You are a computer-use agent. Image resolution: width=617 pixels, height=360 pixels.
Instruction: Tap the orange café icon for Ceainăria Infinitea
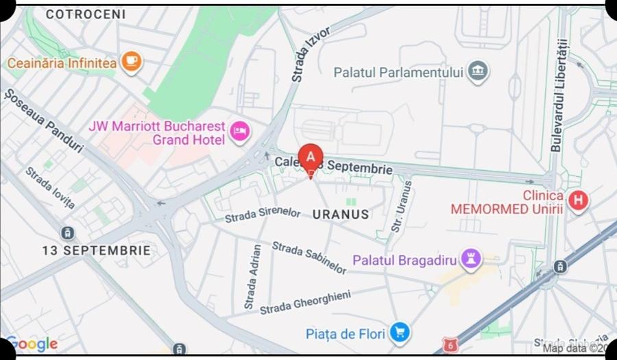(x=131, y=62)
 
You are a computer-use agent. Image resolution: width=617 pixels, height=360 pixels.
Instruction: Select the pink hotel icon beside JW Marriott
(x=239, y=130)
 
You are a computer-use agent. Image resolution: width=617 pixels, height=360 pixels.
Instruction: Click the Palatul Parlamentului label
(x=398, y=72)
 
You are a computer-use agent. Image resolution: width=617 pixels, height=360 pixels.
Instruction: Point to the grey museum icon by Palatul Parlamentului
(x=478, y=71)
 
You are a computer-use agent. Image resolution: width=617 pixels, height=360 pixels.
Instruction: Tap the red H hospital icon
(x=579, y=201)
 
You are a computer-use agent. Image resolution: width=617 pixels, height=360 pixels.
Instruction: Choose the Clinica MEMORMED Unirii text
(x=507, y=202)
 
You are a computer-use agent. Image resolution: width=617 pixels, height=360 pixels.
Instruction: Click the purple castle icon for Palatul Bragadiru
(x=470, y=259)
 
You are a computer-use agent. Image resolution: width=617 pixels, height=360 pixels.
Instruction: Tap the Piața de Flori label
(x=340, y=334)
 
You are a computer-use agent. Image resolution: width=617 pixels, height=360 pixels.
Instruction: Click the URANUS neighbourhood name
(x=341, y=214)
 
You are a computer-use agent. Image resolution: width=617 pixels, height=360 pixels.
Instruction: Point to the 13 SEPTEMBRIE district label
(x=96, y=250)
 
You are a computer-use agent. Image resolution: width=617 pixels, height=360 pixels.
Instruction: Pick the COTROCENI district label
(x=86, y=14)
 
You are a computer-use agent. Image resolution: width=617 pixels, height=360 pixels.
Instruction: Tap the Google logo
(x=32, y=344)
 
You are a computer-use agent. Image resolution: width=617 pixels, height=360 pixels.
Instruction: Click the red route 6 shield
(x=449, y=343)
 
